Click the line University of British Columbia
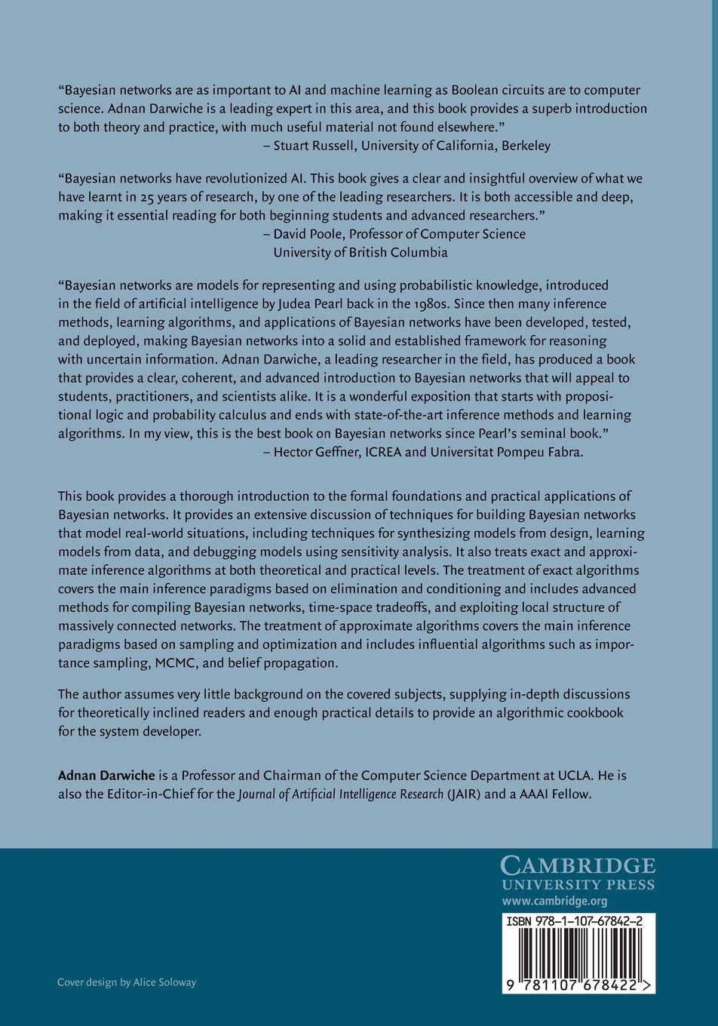pos(361,253)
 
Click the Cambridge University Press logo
pos(578,873)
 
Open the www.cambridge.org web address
pos(554,901)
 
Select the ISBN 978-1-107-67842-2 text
pos(578,922)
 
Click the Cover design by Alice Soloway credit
pos(127,982)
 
